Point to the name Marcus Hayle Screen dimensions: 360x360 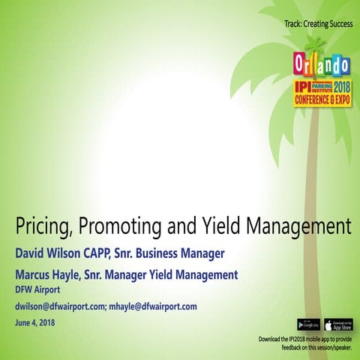click(50, 274)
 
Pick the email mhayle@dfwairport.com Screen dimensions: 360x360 click(153, 307)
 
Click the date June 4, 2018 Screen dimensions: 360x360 click(35, 323)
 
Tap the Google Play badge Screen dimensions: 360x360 click(308, 325)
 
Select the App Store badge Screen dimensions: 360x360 click(338, 325)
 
